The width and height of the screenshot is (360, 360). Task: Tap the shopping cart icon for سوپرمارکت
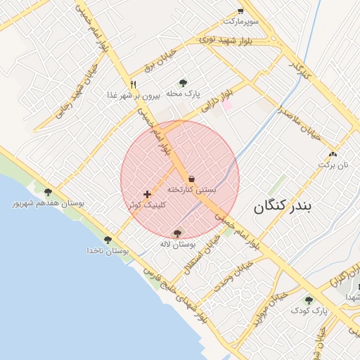coord(240,11)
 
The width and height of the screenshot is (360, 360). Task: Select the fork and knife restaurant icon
coord(133,83)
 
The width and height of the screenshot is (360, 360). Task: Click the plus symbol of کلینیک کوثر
coord(147,194)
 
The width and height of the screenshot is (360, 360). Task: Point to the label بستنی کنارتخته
coord(191,191)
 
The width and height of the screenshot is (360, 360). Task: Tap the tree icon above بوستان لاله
coord(176,233)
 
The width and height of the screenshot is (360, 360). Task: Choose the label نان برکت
coord(333,165)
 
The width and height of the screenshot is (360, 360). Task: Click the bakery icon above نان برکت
coord(333,153)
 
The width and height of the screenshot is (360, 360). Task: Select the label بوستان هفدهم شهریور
coord(48,203)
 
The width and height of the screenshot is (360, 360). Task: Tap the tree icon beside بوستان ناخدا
coord(108,240)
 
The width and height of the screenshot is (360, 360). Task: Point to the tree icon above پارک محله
coord(184,83)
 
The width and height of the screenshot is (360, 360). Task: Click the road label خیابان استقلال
coord(202,255)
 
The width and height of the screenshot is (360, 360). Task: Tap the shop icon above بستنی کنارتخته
coord(192,179)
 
